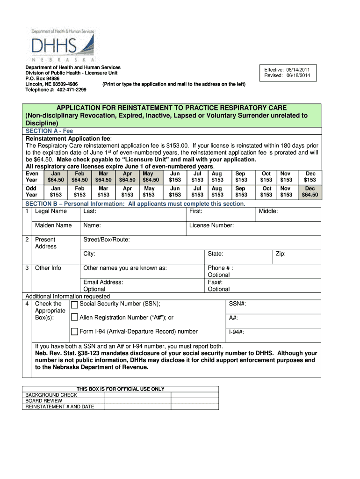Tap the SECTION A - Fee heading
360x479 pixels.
(x=49, y=131)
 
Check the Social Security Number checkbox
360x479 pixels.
(x=74, y=305)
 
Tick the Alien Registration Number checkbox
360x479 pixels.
(x=74, y=318)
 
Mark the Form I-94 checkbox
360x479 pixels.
(x=74, y=332)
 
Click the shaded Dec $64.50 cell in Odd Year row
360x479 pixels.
(x=310, y=191)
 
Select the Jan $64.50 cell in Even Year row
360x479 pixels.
(x=55, y=176)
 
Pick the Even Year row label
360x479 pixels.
(x=32, y=176)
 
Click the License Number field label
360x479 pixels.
(x=211, y=225)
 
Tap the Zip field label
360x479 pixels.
(x=281, y=254)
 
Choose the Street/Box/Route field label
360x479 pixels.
(x=107, y=240)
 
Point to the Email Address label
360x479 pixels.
(x=103, y=282)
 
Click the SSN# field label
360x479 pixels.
(x=238, y=304)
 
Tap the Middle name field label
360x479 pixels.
(x=268, y=211)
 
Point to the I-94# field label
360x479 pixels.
(x=237, y=333)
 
